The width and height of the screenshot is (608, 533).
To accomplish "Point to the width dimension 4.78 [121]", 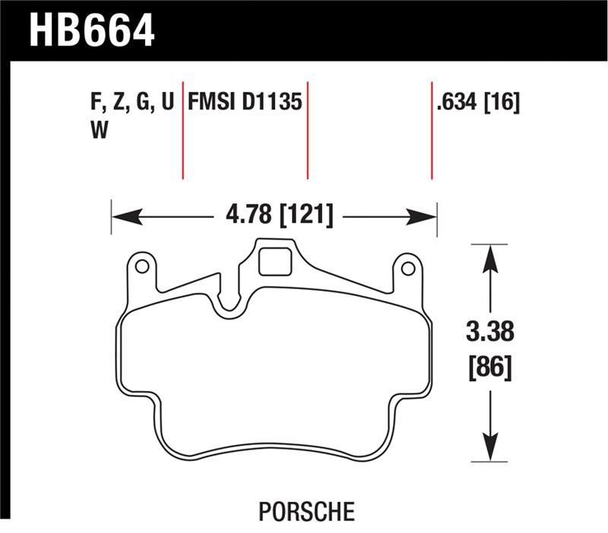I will point(277,215).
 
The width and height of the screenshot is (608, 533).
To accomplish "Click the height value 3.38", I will point(490,332).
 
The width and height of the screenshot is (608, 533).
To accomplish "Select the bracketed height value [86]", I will point(490,369).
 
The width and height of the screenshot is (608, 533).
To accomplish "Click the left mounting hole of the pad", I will point(141,267).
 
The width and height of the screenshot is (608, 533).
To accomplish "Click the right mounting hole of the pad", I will point(407,268).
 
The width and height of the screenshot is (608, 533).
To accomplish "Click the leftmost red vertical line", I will point(182,128).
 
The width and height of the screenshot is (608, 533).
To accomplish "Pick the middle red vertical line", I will point(308,128).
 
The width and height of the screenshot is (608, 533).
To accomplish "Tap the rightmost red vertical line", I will point(432,128).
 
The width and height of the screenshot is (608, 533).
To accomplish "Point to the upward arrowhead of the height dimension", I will point(491,258).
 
